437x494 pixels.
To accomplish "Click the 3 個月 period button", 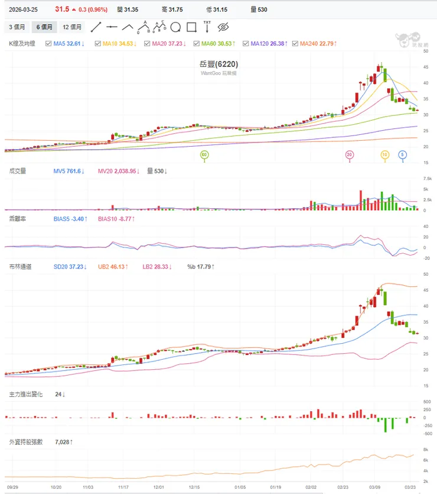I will coord(17,27).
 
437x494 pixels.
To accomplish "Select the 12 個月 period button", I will coord(72,27).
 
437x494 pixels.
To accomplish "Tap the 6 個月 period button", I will coord(44,27).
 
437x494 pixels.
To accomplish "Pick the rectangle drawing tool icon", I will coord(191,27).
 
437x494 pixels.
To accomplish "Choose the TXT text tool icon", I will coord(207,27).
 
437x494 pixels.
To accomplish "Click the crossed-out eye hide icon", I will coord(223,27).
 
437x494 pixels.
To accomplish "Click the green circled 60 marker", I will coord(204,155).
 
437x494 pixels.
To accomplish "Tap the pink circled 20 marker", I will coord(350,155).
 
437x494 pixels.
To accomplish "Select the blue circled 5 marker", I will coord(403,155).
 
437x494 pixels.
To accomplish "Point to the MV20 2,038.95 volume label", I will coord(119,171).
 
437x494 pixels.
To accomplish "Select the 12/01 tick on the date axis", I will coord(158,487).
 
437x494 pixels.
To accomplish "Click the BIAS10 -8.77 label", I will coord(116,219).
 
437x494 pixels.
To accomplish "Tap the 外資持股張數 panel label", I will coord(26,442).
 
